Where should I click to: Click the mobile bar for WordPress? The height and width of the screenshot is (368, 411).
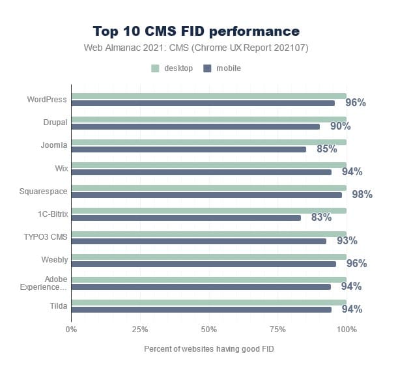pyautogui.click(x=203, y=103)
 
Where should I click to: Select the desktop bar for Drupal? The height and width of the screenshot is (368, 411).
pyautogui.click(x=208, y=119)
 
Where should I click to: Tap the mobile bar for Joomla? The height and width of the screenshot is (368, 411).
pyautogui.click(x=188, y=149)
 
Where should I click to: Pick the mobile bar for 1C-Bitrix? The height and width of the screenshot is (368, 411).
pyautogui.click(x=186, y=218)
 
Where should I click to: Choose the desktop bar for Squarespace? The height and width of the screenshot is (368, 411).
pyautogui.click(x=208, y=188)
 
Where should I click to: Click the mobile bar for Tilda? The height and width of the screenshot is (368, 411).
pyautogui.click(x=201, y=309)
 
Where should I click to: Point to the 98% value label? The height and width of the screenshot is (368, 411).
pyautogui.click(x=361, y=195)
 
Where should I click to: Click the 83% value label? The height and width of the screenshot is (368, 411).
pyautogui.click(x=321, y=218)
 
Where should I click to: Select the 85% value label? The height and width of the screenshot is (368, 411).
pyautogui.click(x=326, y=149)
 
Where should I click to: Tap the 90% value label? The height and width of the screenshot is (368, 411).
pyautogui.click(x=340, y=126)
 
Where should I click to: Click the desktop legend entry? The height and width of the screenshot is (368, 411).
pyautogui.click(x=173, y=68)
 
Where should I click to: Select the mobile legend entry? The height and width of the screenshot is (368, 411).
pyautogui.click(x=223, y=68)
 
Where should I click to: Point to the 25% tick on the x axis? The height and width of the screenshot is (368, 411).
pyautogui.click(x=140, y=329)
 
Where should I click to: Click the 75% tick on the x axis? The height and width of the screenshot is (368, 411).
pyautogui.click(x=277, y=329)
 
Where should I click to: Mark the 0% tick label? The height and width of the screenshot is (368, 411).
pyautogui.click(x=72, y=329)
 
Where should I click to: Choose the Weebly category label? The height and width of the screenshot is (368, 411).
pyautogui.click(x=55, y=259)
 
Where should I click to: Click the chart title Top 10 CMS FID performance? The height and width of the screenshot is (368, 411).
pyautogui.click(x=196, y=31)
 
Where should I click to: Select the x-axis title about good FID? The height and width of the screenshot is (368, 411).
pyautogui.click(x=209, y=349)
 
